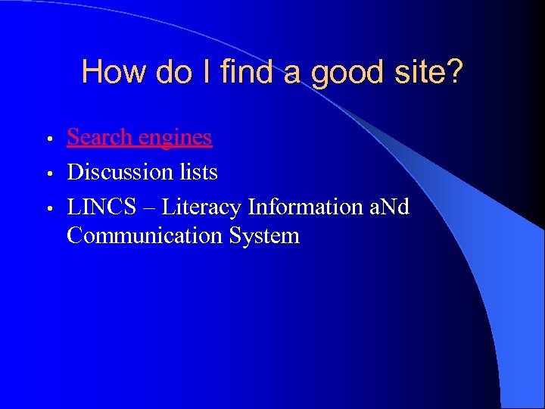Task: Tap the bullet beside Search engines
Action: tap(48, 139)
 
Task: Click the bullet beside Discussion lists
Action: tap(48, 174)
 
